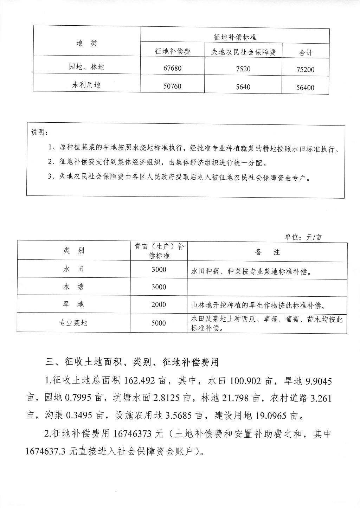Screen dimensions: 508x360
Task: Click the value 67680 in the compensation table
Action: pos(172,68)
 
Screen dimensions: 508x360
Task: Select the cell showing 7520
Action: pos(243,69)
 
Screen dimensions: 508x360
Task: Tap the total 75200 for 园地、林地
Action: pos(305,70)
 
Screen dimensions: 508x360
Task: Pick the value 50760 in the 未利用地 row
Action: pos(172,86)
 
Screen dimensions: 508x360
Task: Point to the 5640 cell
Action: pos(243,87)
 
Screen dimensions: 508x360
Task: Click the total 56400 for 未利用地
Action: pos(305,88)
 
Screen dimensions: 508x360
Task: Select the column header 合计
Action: pos(306,53)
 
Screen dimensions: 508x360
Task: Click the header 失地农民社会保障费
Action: pos(243,52)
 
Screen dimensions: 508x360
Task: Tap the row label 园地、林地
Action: pos(86,67)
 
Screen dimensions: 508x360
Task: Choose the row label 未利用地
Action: pos(86,85)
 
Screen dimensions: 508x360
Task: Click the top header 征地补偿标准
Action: pos(235,37)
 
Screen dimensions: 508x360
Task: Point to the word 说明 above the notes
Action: pos(38,133)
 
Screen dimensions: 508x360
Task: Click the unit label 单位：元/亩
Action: pos(303,237)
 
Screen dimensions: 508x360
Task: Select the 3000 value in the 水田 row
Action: pos(159,270)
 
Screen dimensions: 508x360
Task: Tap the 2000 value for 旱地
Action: pos(159,304)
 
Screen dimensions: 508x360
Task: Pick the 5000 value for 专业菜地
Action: pos(159,323)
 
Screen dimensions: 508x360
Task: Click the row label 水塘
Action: pos(73,287)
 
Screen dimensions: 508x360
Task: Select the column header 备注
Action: pos(268,252)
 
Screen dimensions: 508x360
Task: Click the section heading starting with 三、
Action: pos(132,362)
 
